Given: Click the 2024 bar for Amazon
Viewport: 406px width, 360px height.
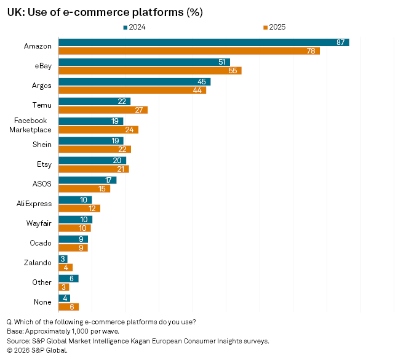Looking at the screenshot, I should (x=203, y=42).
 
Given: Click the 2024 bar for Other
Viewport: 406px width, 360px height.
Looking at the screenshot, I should (x=68, y=279).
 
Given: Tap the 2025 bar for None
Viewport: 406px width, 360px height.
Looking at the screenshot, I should (x=68, y=307).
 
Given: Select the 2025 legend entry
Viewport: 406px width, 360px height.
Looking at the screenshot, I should (x=274, y=27).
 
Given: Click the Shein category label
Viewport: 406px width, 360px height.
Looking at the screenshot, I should (x=42, y=145).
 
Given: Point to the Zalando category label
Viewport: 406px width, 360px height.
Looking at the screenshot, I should (x=39, y=263).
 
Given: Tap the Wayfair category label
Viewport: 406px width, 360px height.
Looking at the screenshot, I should (x=39, y=223).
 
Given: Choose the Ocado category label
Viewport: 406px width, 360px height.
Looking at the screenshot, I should (x=41, y=243).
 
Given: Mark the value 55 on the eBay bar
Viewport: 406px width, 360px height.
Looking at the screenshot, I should (x=233, y=71).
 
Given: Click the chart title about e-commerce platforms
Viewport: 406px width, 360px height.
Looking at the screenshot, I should (x=105, y=12).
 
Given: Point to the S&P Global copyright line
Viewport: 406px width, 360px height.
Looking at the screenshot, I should (x=37, y=350).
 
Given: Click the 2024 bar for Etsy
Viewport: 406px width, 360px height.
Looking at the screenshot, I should (x=92, y=161).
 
